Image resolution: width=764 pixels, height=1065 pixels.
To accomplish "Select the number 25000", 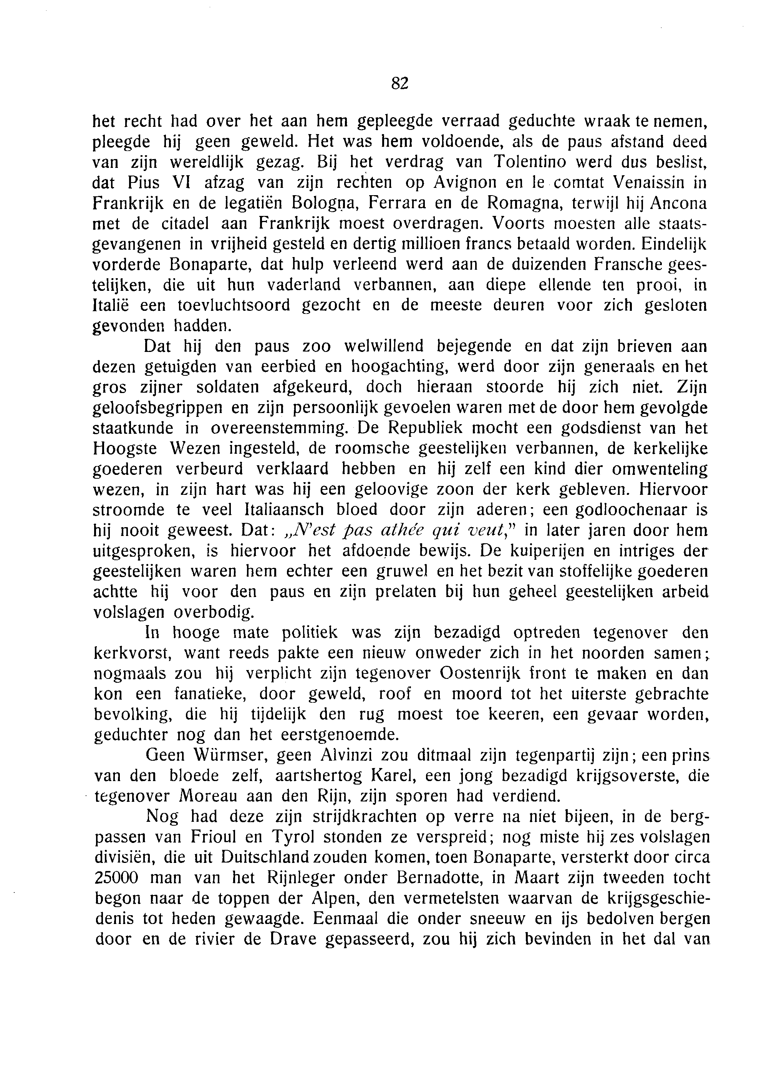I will pos(120,878).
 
